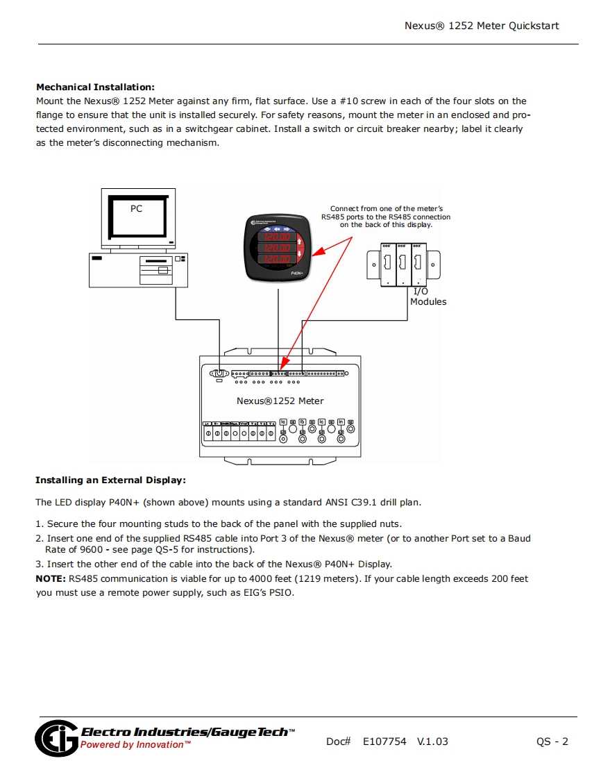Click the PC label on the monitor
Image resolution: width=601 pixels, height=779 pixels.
pyautogui.click(x=136, y=208)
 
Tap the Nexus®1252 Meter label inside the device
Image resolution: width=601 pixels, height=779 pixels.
pyautogui.click(x=280, y=401)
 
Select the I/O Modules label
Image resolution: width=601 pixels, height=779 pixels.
pyautogui.click(x=428, y=296)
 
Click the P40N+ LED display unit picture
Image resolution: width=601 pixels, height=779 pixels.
pyautogui.click(x=279, y=247)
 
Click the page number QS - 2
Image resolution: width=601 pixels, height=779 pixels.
pyautogui.click(x=552, y=742)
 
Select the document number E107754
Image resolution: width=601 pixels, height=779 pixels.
pyautogui.click(x=384, y=742)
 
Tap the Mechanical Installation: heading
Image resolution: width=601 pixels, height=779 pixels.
pyautogui.click(x=95, y=87)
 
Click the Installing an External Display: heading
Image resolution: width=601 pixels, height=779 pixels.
pyautogui.click(x=110, y=480)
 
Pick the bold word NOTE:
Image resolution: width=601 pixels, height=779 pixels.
pyautogui.click(x=51, y=578)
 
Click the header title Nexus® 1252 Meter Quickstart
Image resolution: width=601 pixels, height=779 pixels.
pyautogui.click(x=482, y=26)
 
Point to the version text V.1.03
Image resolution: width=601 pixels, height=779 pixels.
pyautogui.click(x=432, y=742)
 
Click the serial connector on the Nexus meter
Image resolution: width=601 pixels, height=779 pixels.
pyautogui.click(x=219, y=374)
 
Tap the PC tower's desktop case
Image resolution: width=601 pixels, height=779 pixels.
pyautogui.click(x=138, y=269)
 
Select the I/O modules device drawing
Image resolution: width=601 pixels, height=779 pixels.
pyautogui.click(x=403, y=263)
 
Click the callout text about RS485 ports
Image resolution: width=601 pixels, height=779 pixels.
pyautogui.click(x=386, y=217)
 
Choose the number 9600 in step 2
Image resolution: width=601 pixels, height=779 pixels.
pyautogui.click(x=92, y=549)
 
